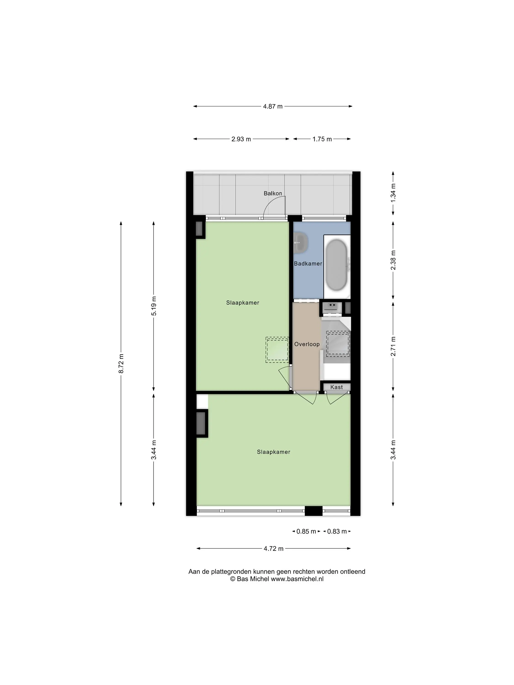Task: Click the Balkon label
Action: coord(273,193)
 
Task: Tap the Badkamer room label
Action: coord(308,263)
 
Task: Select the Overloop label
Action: coord(307,344)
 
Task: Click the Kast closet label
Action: coord(336,387)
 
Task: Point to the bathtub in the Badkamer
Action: coord(337,265)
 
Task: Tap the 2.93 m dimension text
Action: coord(241,139)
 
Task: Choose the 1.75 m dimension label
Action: coord(322,139)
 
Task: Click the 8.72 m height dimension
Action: coord(121,363)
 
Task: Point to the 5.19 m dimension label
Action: coord(154,306)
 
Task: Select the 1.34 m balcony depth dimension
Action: coord(393,193)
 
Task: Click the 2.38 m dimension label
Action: coord(393,260)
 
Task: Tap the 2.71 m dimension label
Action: coord(393,346)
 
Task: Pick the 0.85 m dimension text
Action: coord(306,531)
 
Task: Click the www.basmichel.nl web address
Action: coord(297,579)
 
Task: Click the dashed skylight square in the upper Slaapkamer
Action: coord(277,350)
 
